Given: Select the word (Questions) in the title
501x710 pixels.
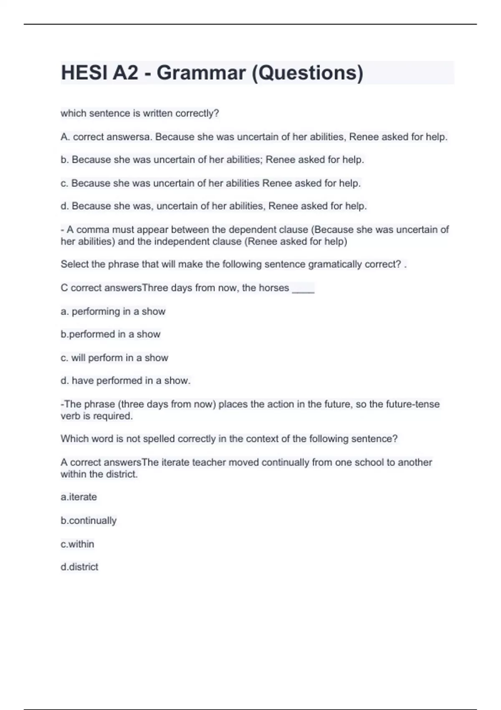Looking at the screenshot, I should [307, 73].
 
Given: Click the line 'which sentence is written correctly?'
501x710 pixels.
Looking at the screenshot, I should [140, 113].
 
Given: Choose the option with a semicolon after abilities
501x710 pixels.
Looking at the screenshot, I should [212, 160].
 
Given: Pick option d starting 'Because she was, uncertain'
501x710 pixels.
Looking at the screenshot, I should [214, 206].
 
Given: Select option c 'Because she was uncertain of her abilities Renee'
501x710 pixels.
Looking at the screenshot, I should [211, 183].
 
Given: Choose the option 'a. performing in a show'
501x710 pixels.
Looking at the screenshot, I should [113, 312].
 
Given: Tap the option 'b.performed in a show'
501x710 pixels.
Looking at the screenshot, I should [111, 334].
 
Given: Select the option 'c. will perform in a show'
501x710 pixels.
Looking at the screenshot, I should [114, 358].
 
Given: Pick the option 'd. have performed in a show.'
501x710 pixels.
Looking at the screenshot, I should [126, 380].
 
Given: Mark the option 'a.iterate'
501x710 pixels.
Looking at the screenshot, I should [79, 497].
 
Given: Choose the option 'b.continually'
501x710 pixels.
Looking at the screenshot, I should [89, 521].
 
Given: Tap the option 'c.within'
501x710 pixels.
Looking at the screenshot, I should [78, 544].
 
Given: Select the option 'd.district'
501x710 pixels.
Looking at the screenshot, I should [79, 567].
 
